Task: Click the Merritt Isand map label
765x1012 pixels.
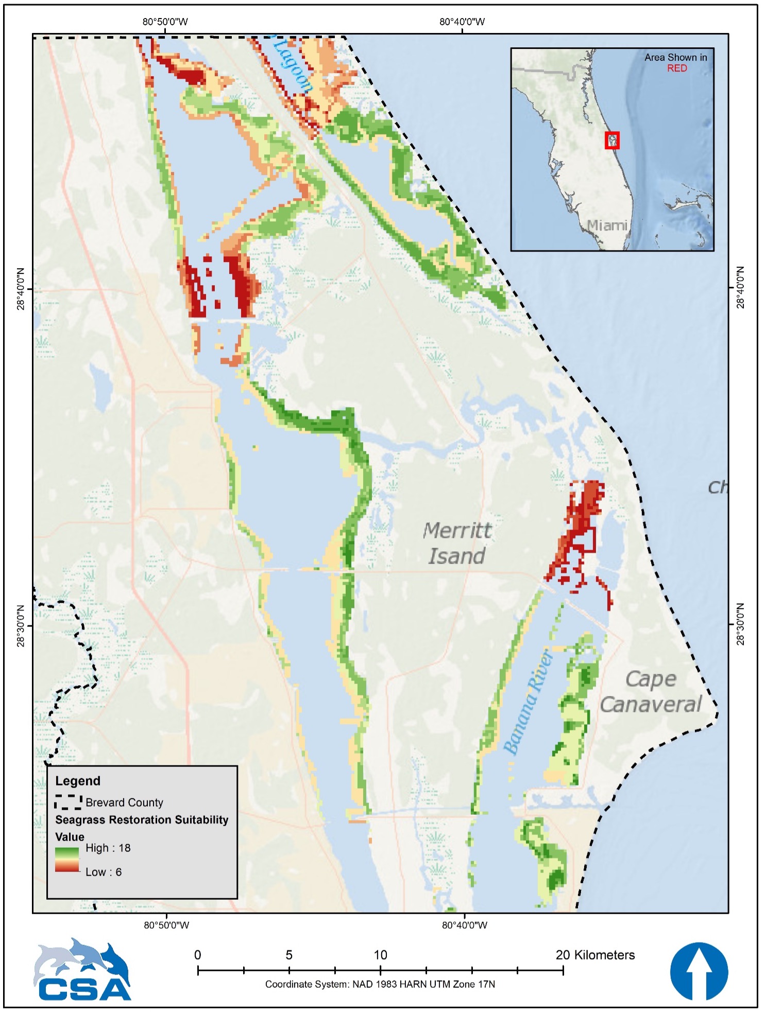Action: click(x=457, y=543)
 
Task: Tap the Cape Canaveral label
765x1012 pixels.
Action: click(x=651, y=692)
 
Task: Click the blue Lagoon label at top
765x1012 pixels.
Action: click(x=293, y=64)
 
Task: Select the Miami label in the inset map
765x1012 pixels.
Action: click(x=607, y=225)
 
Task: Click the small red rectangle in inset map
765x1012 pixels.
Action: click(x=612, y=140)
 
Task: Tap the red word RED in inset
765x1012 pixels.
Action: click(x=676, y=68)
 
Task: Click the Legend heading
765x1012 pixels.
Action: click(x=78, y=781)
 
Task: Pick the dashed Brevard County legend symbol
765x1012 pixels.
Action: click(x=68, y=802)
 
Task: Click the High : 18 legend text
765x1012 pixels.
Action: click(x=108, y=848)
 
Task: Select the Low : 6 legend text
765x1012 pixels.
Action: click(x=104, y=872)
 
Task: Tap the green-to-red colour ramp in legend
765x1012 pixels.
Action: click(x=67, y=860)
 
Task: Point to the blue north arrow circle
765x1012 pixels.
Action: click(x=699, y=971)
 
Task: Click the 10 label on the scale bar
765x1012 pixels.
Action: click(x=380, y=955)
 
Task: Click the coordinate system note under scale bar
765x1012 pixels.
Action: click(x=380, y=984)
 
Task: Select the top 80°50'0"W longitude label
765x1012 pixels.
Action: click(x=165, y=22)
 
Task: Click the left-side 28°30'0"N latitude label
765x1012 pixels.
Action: click(x=21, y=625)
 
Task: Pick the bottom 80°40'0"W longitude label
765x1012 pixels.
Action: click(x=464, y=925)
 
